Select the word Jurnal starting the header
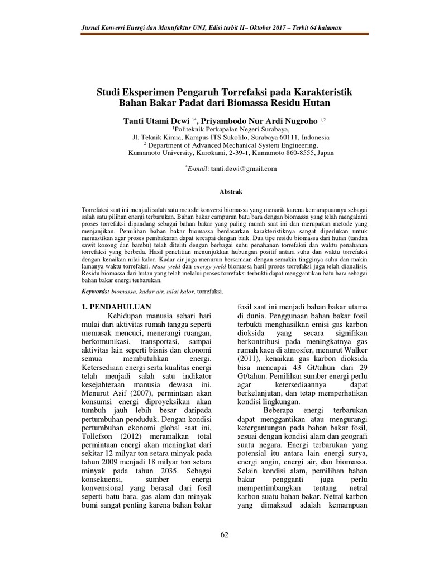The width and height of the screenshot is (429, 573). (92, 27)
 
